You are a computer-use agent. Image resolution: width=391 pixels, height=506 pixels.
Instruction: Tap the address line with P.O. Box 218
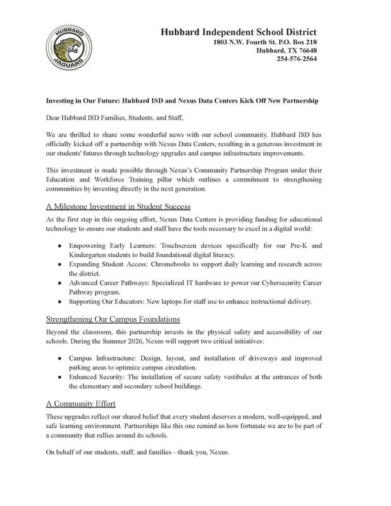click(x=264, y=42)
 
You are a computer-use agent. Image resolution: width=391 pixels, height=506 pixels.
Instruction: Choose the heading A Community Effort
click(x=81, y=403)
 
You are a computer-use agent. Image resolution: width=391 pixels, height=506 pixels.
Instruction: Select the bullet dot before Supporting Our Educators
click(x=59, y=302)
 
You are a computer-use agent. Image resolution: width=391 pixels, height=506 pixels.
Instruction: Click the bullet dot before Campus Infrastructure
click(x=59, y=357)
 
